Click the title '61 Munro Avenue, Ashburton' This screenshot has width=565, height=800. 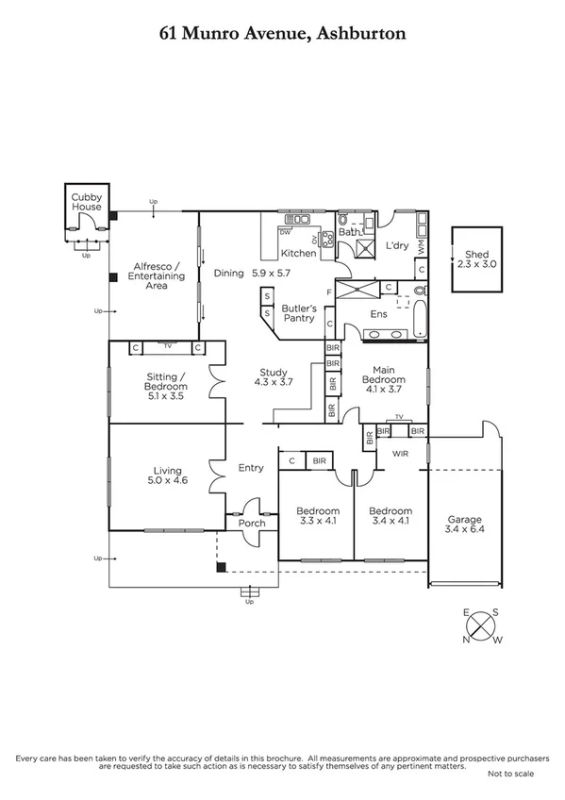tap(282, 34)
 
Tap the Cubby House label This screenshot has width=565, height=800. tap(87, 201)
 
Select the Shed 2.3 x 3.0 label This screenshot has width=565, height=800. tap(474, 259)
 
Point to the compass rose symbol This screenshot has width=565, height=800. tap(482, 626)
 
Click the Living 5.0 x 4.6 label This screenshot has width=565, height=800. tap(167, 475)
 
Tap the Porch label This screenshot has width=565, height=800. tap(253, 523)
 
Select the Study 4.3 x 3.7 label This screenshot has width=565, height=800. tap(271, 377)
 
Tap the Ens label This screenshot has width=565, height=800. tap(379, 313)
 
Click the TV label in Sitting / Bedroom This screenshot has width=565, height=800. tap(168, 346)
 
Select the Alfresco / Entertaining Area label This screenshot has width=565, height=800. tap(156, 276)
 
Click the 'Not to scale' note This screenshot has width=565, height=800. tap(510, 774)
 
